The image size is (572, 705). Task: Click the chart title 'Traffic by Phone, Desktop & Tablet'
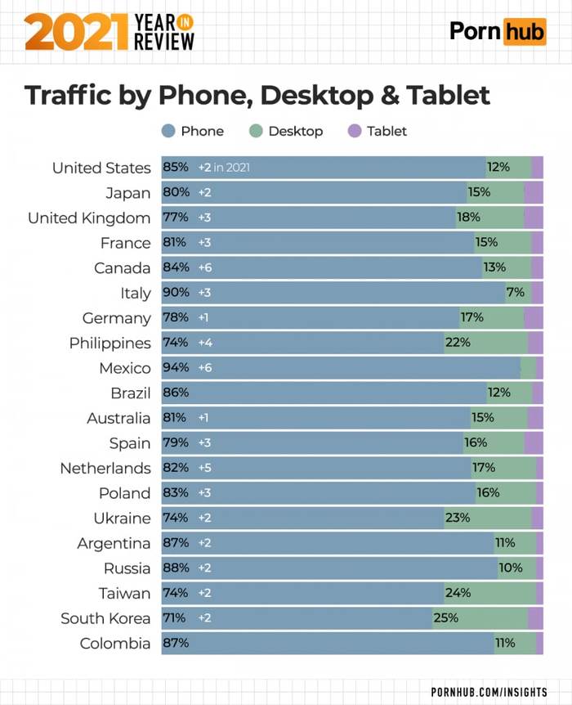click(x=257, y=96)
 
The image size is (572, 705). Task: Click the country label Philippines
click(x=110, y=343)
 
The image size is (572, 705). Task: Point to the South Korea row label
click(x=105, y=618)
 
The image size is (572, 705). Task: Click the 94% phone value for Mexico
click(x=176, y=368)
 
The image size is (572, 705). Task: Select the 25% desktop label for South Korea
click(x=445, y=618)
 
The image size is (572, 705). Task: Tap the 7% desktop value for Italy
click(x=515, y=293)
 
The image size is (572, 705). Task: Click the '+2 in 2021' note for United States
click(x=223, y=168)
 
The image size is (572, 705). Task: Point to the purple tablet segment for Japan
click(x=534, y=193)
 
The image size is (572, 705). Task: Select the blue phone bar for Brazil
click(x=327, y=393)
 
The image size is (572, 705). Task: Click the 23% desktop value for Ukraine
click(x=457, y=518)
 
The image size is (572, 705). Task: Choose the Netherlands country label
click(x=105, y=468)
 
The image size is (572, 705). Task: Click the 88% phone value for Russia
click(x=176, y=568)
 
